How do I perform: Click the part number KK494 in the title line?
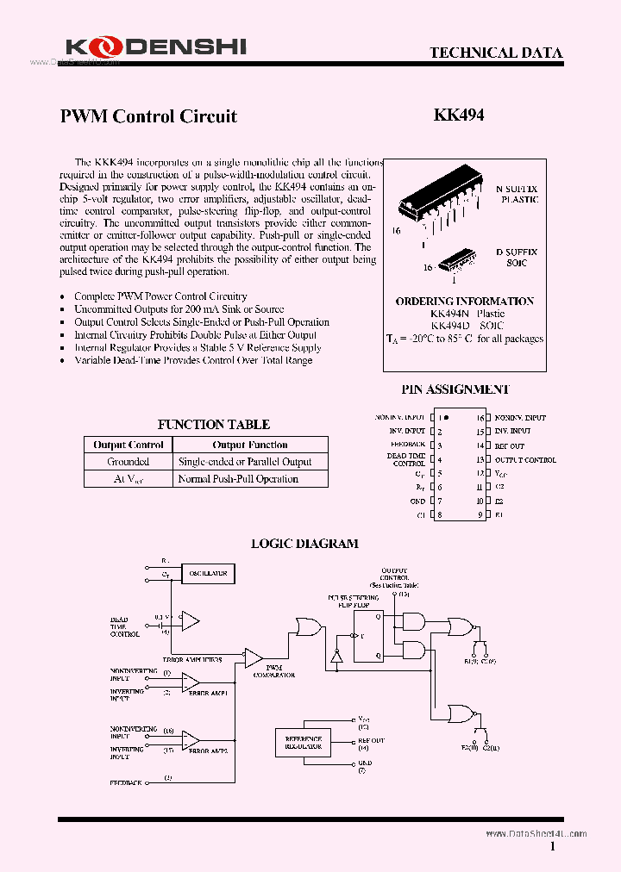458,115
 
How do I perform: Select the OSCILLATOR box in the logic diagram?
208,573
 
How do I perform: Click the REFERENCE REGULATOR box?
304,742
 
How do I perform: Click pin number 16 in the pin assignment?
480,417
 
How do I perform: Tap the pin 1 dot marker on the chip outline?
446,417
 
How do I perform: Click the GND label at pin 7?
417,501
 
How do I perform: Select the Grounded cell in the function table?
128,462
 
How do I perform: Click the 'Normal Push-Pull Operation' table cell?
238,479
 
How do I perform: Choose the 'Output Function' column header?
250,445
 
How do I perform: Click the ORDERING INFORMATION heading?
464,301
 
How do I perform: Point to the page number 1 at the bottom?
552,847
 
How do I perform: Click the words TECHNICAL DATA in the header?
496,53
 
